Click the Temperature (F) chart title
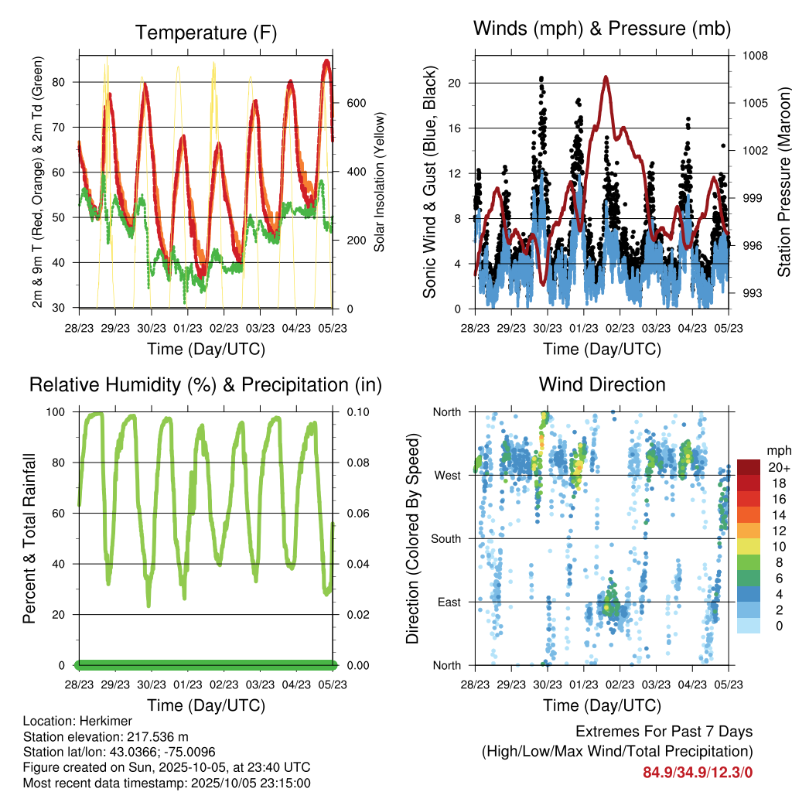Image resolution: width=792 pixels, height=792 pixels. (x=206, y=32)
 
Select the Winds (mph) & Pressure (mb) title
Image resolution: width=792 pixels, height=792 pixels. (x=602, y=29)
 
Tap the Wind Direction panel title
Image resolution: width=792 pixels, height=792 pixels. (x=602, y=384)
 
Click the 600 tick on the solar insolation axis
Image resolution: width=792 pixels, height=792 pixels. (x=355, y=103)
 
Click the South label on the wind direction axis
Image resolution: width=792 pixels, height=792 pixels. (x=446, y=538)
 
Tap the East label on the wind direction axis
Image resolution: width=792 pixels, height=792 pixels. (x=449, y=602)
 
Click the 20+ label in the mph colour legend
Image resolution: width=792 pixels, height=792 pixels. (x=777, y=467)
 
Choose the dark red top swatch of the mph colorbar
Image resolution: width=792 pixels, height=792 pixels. (x=749, y=466)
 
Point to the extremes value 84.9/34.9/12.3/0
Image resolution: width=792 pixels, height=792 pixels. (x=698, y=772)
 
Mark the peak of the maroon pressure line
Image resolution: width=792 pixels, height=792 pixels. (x=606, y=77)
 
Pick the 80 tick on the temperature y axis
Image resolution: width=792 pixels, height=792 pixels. (x=67, y=82)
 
